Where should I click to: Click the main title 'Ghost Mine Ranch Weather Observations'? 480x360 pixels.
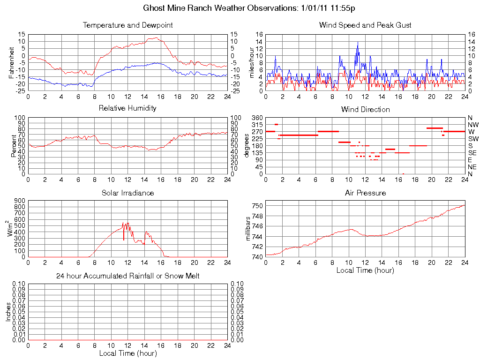click(x=252, y=8)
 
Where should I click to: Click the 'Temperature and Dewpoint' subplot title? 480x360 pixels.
click(x=127, y=25)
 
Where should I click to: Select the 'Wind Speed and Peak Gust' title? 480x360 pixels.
click(x=365, y=25)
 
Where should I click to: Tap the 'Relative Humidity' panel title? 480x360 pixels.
click(x=127, y=108)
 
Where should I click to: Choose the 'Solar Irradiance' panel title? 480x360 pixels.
click(x=127, y=193)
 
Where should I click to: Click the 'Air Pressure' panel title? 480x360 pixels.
click(x=365, y=193)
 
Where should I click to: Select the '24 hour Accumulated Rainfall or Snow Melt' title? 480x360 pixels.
click(x=127, y=276)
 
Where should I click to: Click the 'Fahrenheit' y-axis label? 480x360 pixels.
click(x=12, y=62)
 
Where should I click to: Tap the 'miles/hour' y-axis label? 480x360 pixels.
click(x=252, y=62)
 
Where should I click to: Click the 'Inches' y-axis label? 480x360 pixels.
click(x=8, y=312)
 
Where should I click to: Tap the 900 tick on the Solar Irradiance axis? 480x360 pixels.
click(x=20, y=201)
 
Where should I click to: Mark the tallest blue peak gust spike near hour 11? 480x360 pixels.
click(x=358, y=43)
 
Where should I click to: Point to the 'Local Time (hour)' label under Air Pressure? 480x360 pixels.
click(x=365, y=270)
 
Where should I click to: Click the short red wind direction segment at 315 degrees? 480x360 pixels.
click(x=276, y=124)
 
